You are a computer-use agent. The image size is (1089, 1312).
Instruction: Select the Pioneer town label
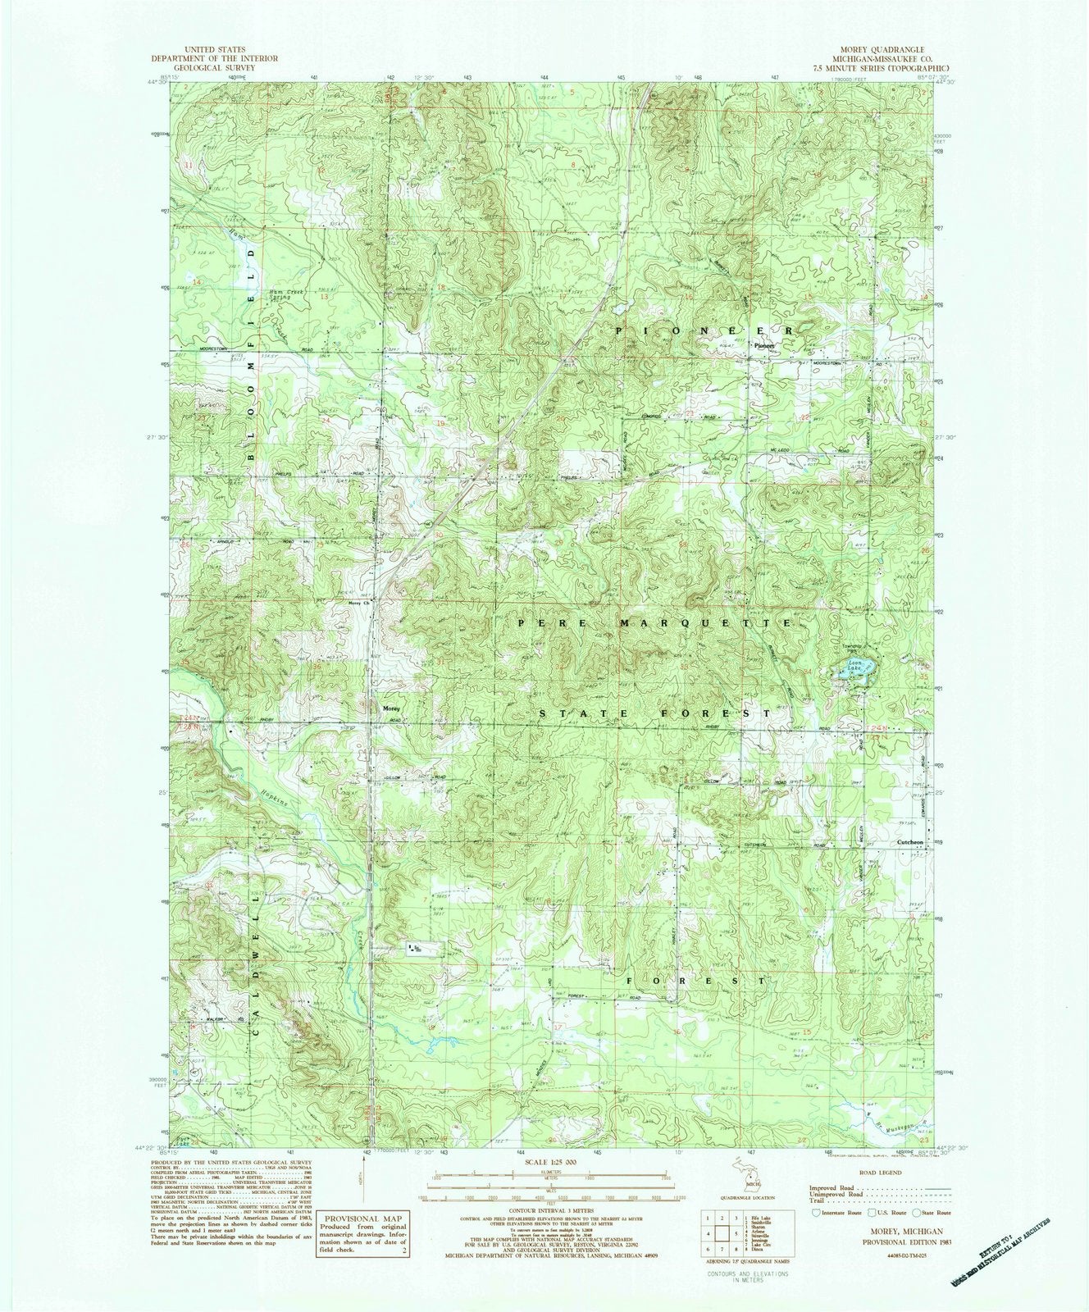pos(764,346)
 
